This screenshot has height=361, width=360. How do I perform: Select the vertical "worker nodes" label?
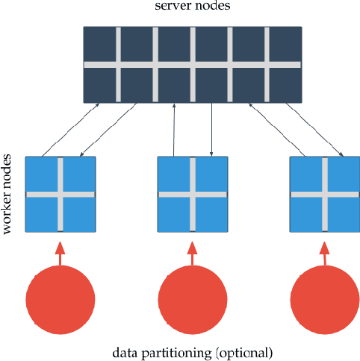click(x=10, y=194)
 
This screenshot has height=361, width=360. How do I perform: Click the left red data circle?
click(x=60, y=299)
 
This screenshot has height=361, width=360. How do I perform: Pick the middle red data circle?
click(x=192, y=299)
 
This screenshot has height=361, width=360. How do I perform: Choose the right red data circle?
click(x=324, y=299)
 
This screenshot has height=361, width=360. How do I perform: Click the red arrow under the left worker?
click(x=60, y=252)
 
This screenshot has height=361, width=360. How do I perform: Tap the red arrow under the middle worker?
click(x=192, y=252)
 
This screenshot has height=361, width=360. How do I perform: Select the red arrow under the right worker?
click(x=324, y=252)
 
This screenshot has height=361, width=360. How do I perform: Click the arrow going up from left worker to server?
click(x=72, y=130)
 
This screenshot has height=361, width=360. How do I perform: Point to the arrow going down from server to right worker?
click(x=314, y=130)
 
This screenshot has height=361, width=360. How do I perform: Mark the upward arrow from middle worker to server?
click(x=174, y=130)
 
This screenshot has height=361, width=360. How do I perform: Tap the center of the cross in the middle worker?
click(x=192, y=195)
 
